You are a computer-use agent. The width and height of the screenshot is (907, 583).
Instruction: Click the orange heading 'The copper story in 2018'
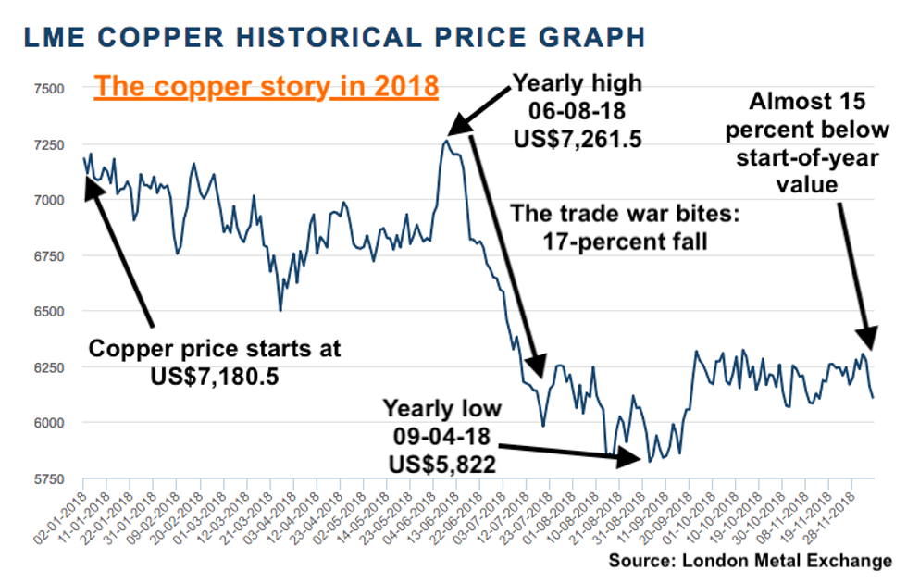[267, 87]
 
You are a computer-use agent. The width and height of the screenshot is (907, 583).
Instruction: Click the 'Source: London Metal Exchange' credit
[751, 561]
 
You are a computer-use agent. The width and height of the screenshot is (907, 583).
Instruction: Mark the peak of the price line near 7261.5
[446, 141]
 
